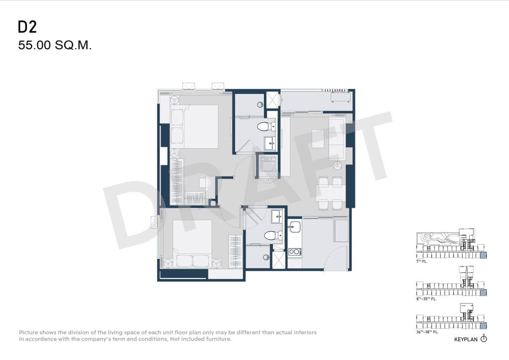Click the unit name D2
pos(27,27)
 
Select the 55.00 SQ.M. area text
pos(55,45)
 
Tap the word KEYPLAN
pos(466,340)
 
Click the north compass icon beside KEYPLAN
pos(484,339)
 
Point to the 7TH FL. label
pos(422,262)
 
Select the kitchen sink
pos(295,226)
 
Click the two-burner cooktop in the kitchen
pos(295,252)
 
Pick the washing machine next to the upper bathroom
pos(268,166)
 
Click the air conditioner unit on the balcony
pos(340,97)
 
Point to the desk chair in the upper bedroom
pos(205,183)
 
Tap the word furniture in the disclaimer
pos(219,339)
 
